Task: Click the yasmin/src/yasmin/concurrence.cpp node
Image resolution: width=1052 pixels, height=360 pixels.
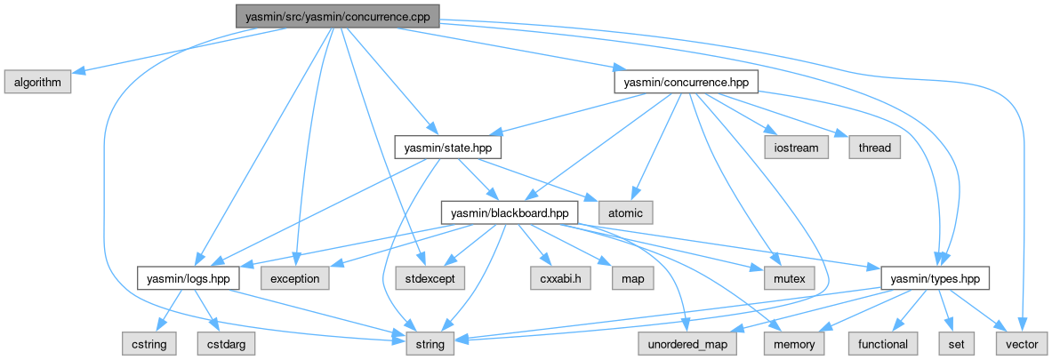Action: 337,16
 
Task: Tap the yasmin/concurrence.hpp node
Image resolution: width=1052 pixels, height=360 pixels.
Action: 686,82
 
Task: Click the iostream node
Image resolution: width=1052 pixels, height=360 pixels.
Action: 795,148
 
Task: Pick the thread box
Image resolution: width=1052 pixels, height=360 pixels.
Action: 874,148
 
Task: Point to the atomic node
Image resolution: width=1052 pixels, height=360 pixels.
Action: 626,213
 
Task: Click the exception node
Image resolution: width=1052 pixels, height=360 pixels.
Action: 294,278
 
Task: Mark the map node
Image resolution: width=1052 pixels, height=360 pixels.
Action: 631,278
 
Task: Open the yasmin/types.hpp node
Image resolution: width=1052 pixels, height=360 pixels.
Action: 935,278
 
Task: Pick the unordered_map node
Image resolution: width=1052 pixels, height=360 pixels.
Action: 687,344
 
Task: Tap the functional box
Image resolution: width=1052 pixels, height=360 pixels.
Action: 883,344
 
